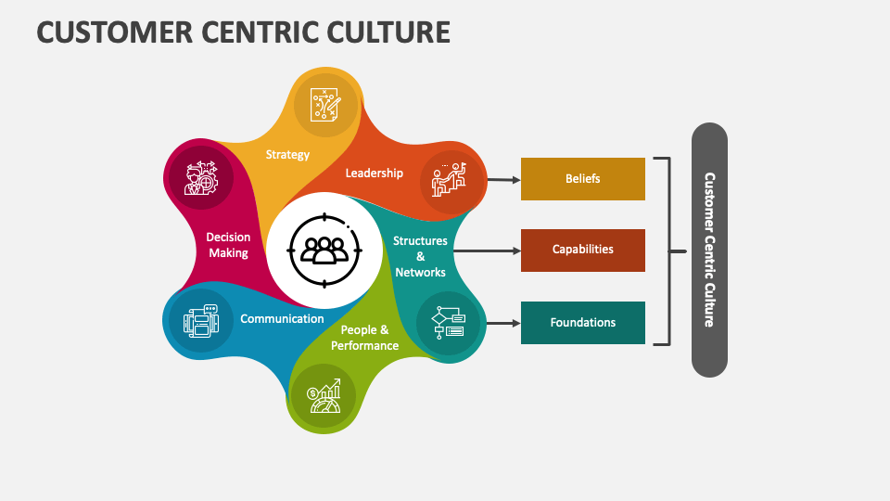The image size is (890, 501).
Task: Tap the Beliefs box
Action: point(582,179)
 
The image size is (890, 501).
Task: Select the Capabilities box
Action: point(582,250)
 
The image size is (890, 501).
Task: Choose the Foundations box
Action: point(582,323)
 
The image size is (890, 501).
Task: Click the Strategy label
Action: point(287,154)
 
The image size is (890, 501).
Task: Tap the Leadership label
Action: point(375,173)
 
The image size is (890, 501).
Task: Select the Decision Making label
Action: point(228,245)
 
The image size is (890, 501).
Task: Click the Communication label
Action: point(282,318)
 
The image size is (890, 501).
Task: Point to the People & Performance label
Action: point(364,338)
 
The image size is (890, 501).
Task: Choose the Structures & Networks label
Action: point(420,256)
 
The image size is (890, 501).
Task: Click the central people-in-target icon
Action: point(323,250)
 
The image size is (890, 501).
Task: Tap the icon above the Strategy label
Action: point(325,105)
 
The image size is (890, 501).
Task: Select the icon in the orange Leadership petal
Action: point(448,179)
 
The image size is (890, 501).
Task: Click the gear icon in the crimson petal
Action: point(199,177)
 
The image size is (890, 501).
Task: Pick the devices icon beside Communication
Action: point(199,322)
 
